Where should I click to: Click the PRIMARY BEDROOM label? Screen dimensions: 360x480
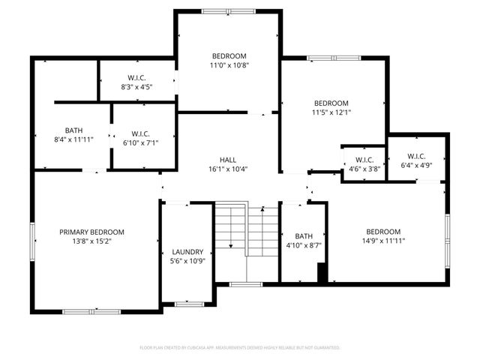coord(91,232)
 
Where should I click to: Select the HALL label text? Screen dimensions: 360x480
coord(228,160)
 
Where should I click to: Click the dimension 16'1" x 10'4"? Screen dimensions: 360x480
coord(228,170)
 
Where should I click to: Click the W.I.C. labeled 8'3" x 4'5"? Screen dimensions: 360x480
coord(136,76)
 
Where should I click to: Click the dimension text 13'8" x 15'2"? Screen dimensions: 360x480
coord(91,242)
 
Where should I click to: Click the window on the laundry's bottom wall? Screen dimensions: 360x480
coord(190,304)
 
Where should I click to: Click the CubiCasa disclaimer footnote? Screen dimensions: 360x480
coord(240,348)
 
